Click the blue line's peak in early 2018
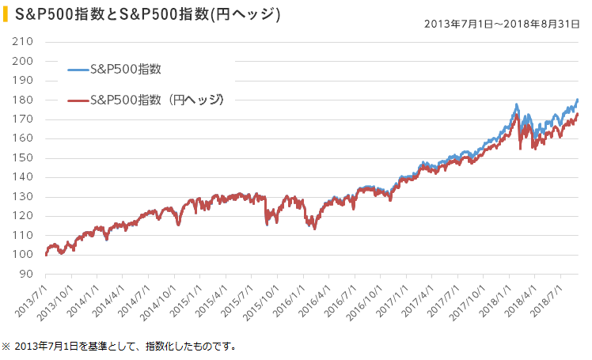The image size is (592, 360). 516,104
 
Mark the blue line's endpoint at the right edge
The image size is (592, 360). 578,100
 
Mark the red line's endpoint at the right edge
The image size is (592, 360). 578,114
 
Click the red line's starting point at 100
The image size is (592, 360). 47,255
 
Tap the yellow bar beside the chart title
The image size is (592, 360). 6,15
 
